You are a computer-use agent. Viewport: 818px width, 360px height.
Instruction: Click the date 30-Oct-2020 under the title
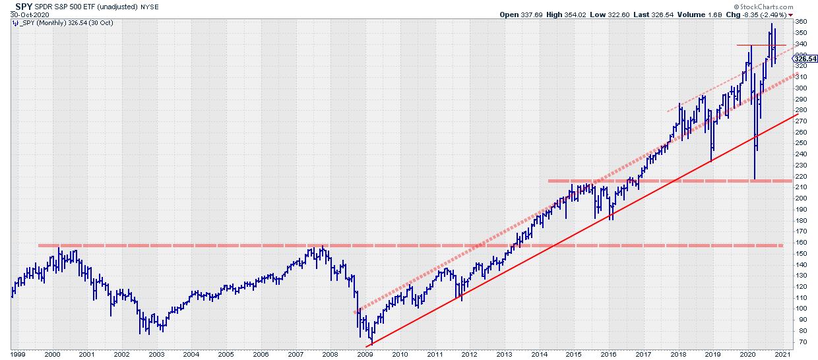pyautogui.click(x=21, y=15)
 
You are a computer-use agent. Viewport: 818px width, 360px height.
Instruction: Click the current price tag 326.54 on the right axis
pyautogui.click(x=805, y=59)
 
